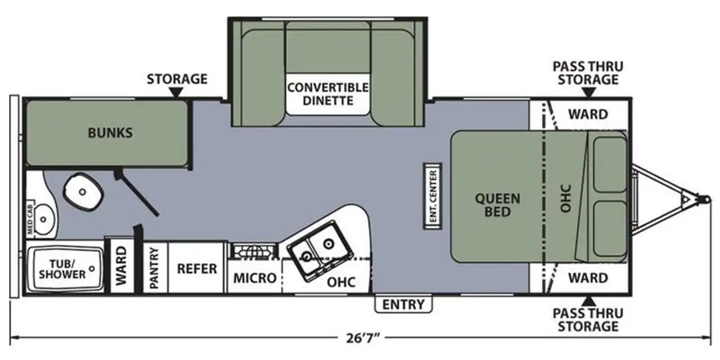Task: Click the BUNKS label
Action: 110,133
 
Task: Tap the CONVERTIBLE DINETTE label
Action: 328,94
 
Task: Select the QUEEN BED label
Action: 498,205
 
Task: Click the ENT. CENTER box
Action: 433,196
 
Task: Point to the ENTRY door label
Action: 403,304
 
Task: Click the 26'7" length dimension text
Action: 363,338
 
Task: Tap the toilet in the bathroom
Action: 84,192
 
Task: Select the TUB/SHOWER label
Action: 62,269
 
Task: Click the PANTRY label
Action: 154,268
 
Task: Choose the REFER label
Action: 197,269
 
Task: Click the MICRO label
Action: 255,278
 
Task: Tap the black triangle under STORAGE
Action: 176,92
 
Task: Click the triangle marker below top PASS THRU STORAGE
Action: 588,92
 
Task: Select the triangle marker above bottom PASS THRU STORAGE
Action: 588,301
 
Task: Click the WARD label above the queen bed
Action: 588,114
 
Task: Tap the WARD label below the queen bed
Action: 588,278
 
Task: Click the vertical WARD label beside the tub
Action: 121,266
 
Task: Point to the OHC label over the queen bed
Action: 566,199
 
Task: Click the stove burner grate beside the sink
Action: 253,252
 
